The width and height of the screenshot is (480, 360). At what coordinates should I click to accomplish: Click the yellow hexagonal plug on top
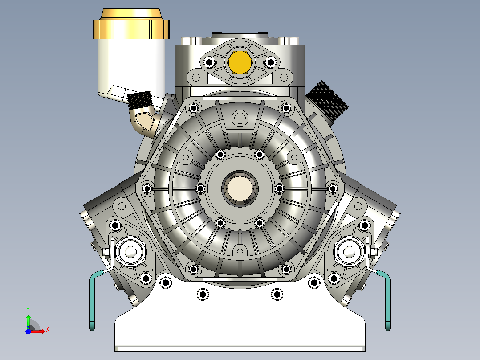click(240, 62)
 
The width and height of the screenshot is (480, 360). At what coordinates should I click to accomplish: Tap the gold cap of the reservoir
click(131, 24)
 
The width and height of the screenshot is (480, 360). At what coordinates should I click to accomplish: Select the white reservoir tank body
click(132, 69)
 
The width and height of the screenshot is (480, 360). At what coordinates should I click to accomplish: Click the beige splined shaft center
click(240, 188)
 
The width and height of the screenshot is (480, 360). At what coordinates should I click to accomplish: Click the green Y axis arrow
click(28, 321)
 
